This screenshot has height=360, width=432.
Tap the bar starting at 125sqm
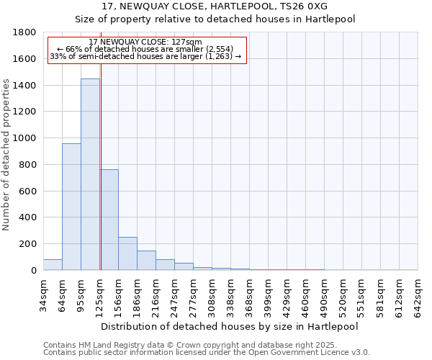point(109,220)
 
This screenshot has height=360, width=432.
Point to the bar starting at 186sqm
point(146,260)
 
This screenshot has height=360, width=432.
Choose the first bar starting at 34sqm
point(53,264)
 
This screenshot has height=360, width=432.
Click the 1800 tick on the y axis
point(25,32)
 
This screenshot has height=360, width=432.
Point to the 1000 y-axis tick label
point(25,138)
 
